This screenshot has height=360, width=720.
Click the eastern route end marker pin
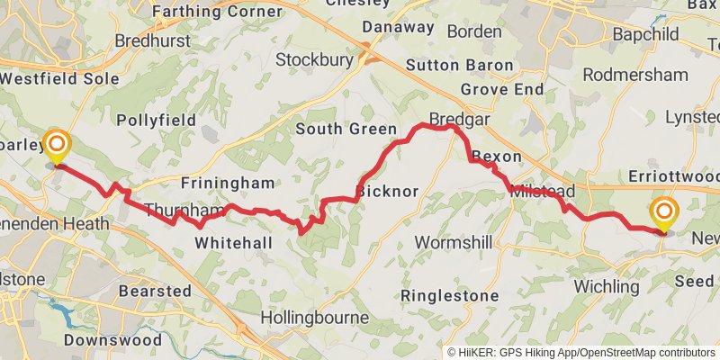pyautogui.click(x=664, y=214)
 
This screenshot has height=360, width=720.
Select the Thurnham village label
pyautogui.click(x=183, y=211)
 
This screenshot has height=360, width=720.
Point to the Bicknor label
pyautogui.click(x=387, y=191)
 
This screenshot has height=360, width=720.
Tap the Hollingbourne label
pyautogui.click(x=314, y=318)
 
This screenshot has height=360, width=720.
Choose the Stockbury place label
pyautogui.click(x=312, y=60)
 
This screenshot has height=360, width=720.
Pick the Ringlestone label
pyautogui.click(x=449, y=295)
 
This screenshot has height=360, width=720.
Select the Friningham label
pyautogui.click(x=227, y=183)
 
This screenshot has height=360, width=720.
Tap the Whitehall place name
pyautogui.click(x=232, y=243)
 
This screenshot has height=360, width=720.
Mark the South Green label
pyautogui.click(x=346, y=129)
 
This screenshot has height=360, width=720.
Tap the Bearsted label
pyautogui.click(x=155, y=291)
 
